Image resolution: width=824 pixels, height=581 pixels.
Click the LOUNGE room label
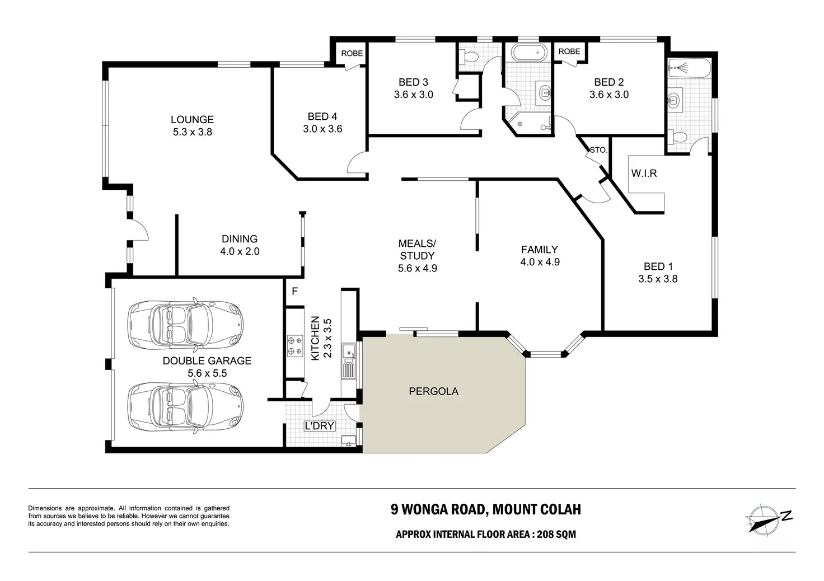192,120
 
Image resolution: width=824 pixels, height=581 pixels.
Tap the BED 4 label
322,116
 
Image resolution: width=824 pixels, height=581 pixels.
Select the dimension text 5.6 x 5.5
207,373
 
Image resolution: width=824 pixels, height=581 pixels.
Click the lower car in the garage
186,407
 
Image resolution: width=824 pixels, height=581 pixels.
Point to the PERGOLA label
434,391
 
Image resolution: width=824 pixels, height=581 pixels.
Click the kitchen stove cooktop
294,346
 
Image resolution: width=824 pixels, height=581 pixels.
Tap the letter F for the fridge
294,291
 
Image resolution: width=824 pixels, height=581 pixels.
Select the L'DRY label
319,426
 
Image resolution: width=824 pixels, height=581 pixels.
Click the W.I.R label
644,173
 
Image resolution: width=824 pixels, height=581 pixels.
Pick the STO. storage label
598,150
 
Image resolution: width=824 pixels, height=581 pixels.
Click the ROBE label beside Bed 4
352,53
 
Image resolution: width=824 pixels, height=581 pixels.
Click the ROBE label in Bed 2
569,51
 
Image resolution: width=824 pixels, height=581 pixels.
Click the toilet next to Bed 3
469,57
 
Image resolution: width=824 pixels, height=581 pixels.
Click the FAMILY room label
540,250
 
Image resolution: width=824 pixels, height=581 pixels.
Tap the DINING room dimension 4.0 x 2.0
240,251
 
